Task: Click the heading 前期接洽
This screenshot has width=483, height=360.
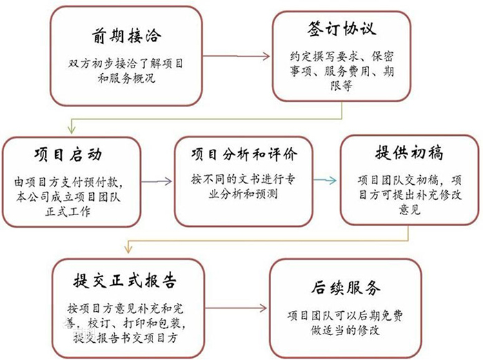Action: [126, 36]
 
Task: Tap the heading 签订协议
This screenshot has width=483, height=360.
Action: [342, 29]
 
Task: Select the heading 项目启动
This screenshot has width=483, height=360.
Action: [68, 154]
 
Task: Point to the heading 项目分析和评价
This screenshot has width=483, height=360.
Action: [244, 154]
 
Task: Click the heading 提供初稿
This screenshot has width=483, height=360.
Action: [409, 152]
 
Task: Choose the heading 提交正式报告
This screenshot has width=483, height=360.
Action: [125, 281]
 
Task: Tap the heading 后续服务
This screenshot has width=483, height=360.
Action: [346, 288]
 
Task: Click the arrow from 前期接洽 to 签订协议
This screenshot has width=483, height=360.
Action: [236, 56]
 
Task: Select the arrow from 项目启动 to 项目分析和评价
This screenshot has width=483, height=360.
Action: [157, 181]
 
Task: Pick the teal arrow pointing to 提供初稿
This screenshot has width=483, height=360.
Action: [325, 180]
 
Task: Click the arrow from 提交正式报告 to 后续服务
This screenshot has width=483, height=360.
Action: [236, 308]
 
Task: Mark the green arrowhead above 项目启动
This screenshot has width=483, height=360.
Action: [72, 130]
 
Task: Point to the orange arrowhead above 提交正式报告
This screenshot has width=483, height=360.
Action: [128, 248]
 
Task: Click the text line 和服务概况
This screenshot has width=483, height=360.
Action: [126, 78]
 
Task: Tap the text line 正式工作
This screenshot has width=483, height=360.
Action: [68, 211]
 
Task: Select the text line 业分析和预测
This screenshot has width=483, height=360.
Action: [244, 194]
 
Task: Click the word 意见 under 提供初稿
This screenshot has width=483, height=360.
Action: [409, 210]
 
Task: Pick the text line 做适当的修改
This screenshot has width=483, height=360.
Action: [345, 330]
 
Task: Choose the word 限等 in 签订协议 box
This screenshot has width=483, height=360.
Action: [342, 86]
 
